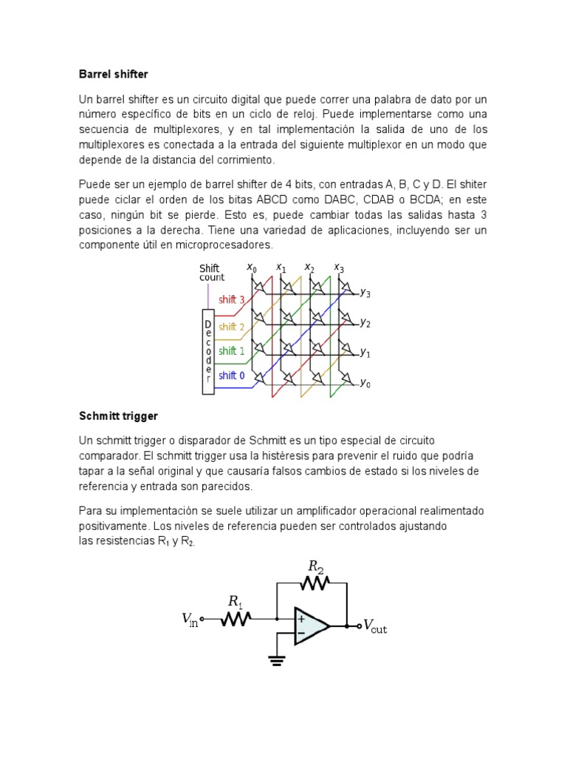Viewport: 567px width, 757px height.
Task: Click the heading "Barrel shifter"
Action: click(113, 75)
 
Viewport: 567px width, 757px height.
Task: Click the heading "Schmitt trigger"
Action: click(118, 417)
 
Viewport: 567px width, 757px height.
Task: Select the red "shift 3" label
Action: click(232, 299)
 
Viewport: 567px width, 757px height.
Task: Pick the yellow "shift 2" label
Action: click(232, 327)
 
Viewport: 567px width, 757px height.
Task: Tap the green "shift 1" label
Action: click(232, 351)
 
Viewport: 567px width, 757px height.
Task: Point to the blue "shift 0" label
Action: click(232, 376)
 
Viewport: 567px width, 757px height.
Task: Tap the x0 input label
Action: click(252, 268)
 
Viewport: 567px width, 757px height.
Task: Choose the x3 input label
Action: click(339, 268)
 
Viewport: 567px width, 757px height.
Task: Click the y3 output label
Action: click(365, 293)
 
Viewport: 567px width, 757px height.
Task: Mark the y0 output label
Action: click(365, 384)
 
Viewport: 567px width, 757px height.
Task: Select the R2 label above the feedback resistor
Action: click(316, 567)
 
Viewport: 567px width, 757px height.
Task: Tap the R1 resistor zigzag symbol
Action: click(236, 619)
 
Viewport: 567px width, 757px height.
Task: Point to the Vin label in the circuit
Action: click(190, 619)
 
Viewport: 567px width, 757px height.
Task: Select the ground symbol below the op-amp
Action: click(277, 659)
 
